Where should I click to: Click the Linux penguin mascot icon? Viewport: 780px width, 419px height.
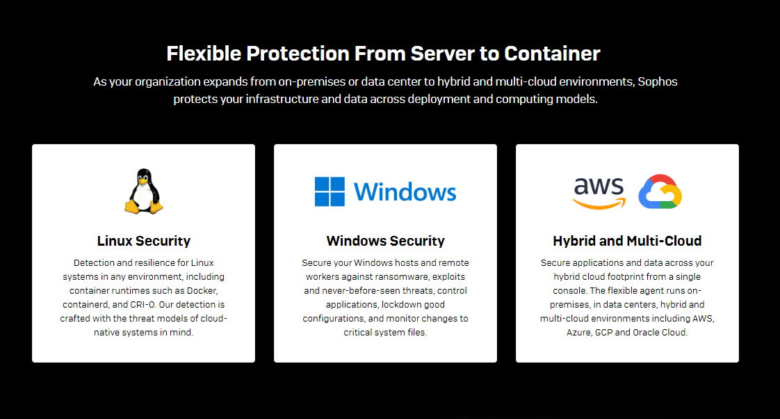point(144,191)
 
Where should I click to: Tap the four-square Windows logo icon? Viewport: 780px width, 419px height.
point(330,191)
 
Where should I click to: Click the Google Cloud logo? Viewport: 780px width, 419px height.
point(660,191)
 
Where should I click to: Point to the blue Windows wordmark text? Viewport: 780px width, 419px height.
point(405,192)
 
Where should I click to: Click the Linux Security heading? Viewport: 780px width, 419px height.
point(144,241)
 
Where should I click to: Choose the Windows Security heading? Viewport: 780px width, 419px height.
point(386,241)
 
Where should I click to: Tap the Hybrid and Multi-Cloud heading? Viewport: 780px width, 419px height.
point(627,241)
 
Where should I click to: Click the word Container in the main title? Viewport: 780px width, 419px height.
point(552,54)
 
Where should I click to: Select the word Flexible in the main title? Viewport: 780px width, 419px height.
point(204,54)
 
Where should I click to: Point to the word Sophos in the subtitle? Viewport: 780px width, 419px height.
point(658,81)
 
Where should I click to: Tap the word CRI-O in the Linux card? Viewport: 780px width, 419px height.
point(143,304)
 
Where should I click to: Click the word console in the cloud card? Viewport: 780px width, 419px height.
point(569,290)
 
